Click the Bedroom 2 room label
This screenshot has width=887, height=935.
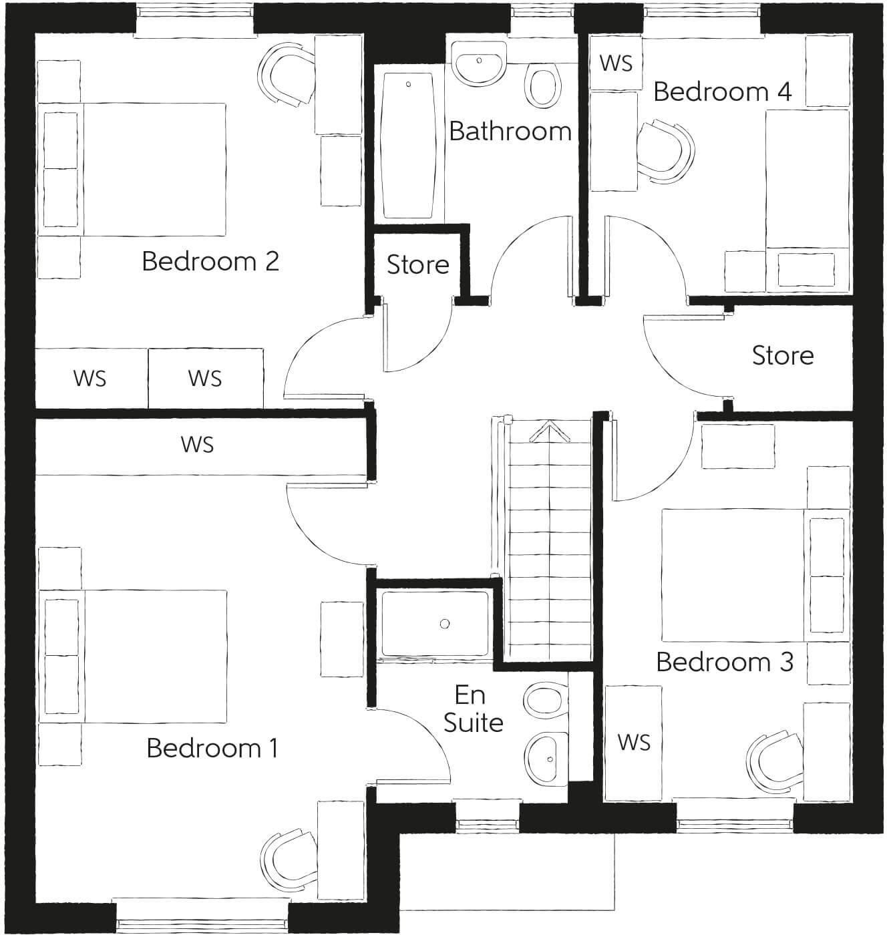click(210, 261)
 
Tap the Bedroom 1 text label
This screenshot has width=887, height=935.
click(212, 748)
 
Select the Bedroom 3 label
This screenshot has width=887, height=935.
click(725, 662)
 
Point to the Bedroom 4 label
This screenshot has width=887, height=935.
click(722, 91)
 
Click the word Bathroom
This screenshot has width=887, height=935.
click(510, 131)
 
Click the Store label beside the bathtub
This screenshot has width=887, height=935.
click(417, 264)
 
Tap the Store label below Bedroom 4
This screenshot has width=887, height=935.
click(783, 355)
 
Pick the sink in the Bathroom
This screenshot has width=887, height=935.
click(479, 62)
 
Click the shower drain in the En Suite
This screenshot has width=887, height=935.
click(445, 624)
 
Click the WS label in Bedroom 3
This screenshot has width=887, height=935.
click(633, 742)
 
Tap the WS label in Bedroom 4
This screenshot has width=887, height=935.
click(615, 63)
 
